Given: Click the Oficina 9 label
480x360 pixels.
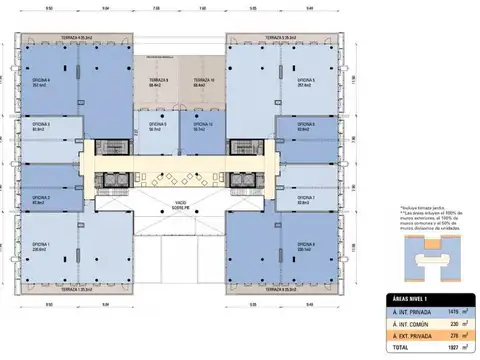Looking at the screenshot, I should point(157,125).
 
